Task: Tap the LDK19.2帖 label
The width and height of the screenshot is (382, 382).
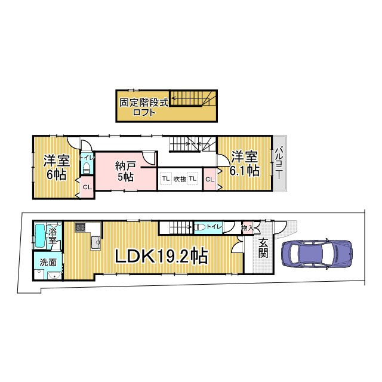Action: tap(161, 257)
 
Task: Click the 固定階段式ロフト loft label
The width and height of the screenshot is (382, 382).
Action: tap(144, 106)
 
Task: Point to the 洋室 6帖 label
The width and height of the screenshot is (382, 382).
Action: tap(56, 167)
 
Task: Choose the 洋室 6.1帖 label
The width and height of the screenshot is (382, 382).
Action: tap(245, 163)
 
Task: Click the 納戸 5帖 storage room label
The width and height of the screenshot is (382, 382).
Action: tap(125, 171)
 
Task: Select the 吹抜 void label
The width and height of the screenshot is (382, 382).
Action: tap(180, 178)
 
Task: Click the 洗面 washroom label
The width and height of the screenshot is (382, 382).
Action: tap(48, 262)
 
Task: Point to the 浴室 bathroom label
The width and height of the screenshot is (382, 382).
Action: tap(53, 235)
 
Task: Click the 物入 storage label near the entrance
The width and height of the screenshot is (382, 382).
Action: tap(247, 227)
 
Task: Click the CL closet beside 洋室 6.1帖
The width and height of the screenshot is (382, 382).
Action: tap(210, 179)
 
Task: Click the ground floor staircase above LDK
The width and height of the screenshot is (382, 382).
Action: tap(175, 227)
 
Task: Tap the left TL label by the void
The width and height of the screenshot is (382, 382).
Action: tap(164, 178)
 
